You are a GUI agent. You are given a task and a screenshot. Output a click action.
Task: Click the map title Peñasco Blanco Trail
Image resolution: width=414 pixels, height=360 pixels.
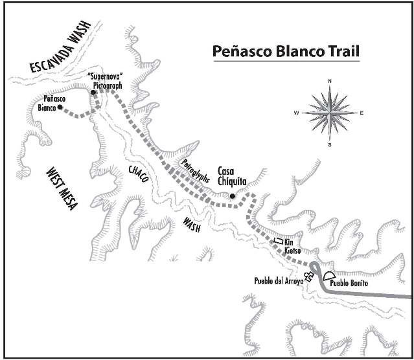click(x=286, y=50)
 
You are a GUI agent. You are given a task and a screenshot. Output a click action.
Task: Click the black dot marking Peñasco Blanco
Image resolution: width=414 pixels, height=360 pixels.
click(x=60, y=108)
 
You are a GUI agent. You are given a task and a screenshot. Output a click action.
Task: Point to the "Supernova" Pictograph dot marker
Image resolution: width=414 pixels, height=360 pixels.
click(x=93, y=93)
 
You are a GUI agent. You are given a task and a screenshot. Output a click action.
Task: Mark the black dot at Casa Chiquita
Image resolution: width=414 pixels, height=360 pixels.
click(x=232, y=196)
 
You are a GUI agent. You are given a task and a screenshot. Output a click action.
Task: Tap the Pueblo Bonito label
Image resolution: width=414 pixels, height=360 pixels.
click(x=350, y=284)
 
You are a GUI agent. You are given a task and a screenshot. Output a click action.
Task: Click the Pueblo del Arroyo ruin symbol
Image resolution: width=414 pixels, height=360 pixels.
click(x=309, y=277)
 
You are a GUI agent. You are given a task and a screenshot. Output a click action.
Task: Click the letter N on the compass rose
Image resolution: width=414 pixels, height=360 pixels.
click(x=329, y=81)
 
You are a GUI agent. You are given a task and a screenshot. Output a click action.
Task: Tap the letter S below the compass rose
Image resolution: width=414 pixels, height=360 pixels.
click(x=329, y=144)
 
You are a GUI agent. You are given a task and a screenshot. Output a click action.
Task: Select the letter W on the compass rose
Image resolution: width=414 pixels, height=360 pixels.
click(x=296, y=113)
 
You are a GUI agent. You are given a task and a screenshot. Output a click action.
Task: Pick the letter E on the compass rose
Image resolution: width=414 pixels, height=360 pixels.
click(x=362, y=113)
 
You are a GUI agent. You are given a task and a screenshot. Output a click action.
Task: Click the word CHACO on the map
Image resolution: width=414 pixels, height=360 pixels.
click(x=139, y=175)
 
